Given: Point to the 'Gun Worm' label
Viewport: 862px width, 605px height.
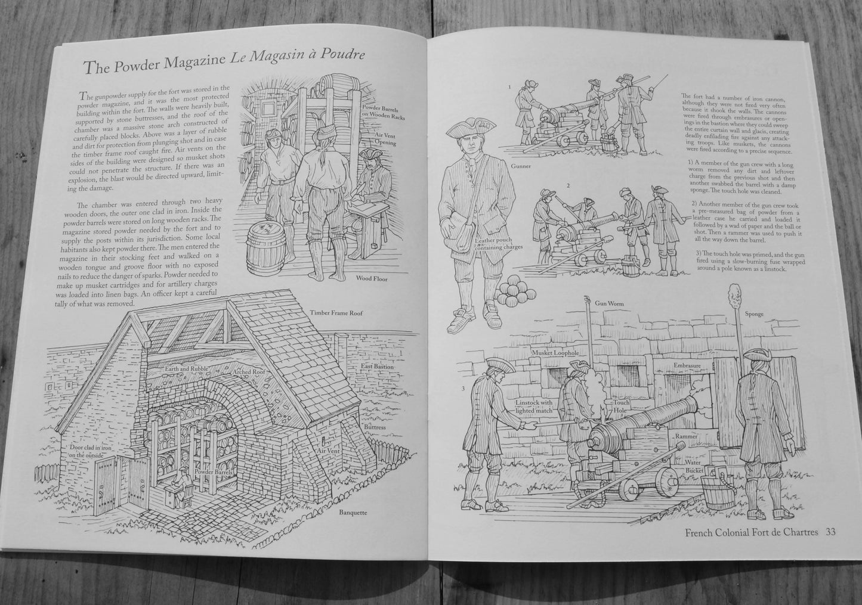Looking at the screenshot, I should (x=610, y=303).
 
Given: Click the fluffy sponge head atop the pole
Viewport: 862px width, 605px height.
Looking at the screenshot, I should (x=733, y=297).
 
